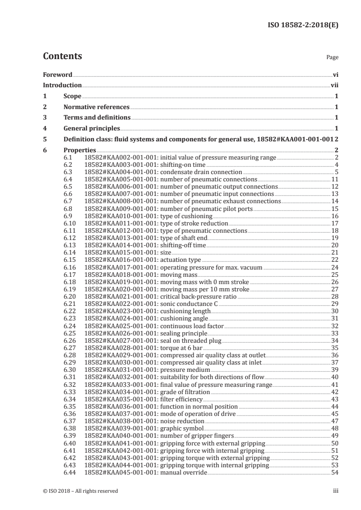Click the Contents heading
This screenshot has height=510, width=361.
(62, 56)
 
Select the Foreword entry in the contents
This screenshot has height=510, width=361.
(57, 75)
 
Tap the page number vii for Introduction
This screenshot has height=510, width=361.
(334, 85)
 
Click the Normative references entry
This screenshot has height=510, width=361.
(97, 107)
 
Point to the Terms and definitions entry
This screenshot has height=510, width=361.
(97, 118)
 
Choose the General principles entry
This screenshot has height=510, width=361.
(92, 128)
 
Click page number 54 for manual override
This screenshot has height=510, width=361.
(335, 470)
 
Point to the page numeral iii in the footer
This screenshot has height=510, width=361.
(336, 491)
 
